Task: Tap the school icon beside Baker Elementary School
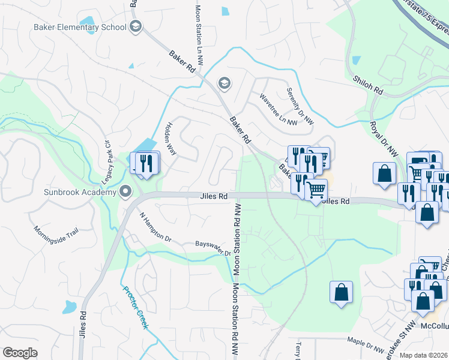pos(135,26)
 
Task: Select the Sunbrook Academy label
pos(79,192)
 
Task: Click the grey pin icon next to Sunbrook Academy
pos(125,192)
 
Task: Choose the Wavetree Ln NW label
pos(278,109)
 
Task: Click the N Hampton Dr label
pos(155,227)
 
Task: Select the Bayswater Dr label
pos(213,248)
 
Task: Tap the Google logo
pos(20,353)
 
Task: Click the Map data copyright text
pos(423,355)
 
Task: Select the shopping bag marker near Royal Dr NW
pos(384,173)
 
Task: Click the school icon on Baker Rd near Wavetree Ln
pos(224,83)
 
